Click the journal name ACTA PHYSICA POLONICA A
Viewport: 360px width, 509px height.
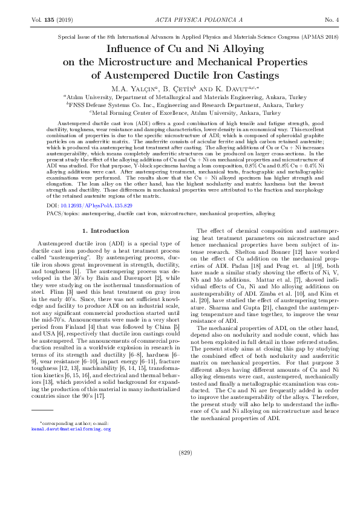pos(180,20)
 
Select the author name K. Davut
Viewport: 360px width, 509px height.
pos(234,88)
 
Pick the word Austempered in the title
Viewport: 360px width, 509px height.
pos(134,75)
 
